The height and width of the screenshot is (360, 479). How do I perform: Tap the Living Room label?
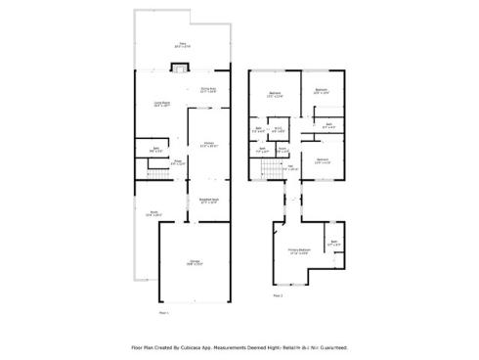[x=162, y=104]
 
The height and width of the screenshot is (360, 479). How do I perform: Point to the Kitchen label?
[x=207, y=145]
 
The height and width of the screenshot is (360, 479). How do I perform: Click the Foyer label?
[x=178, y=162]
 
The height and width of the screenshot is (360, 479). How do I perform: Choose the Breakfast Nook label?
[x=208, y=201]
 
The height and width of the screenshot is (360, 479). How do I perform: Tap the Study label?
[x=153, y=212]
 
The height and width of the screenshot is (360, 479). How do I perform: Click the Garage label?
[x=195, y=262]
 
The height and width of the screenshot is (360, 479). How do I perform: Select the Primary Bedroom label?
[x=299, y=249]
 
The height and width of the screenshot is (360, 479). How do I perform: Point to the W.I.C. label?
[x=279, y=128]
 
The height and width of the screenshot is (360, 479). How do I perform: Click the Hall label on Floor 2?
[x=290, y=168]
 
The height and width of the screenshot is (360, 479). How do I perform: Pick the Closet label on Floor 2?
[x=282, y=151]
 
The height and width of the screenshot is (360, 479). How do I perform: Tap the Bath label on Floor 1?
[x=155, y=151]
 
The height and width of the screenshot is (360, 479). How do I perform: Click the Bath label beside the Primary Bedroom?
[x=333, y=243]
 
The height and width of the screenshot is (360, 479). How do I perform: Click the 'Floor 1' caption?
[x=163, y=312]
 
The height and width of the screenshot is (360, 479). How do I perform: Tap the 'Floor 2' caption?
[x=278, y=294]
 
